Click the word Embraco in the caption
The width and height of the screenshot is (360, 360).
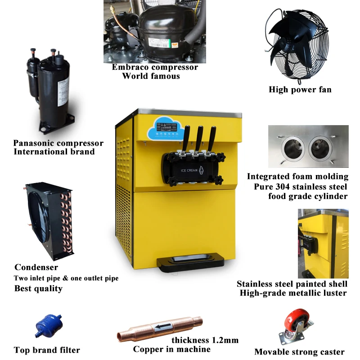pyautogui.click(x=130, y=67)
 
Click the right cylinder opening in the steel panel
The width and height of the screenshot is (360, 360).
pyautogui.click(x=320, y=148)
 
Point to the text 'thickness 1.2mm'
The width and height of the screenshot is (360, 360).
pyautogui.click(x=205, y=340)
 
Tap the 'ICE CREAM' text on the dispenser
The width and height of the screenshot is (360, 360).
pyautogui.click(x=189, y=170)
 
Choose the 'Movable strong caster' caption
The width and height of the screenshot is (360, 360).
pyautogui.click(x=299, y=352)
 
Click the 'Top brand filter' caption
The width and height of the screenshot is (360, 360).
pyautogui.click(x=47, y=350)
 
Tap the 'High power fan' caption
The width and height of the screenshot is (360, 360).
pyautogui.click(x=300, y=90)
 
